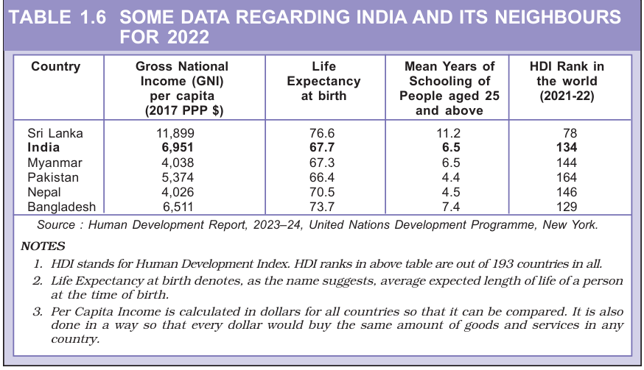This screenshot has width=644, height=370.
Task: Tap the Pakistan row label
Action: [54, 177]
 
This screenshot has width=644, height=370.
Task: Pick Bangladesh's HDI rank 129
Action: [567, 207]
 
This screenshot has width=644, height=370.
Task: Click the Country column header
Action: [55, 67]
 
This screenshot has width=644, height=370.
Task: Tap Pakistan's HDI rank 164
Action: [567, 177]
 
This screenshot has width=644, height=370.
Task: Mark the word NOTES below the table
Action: [43, 246]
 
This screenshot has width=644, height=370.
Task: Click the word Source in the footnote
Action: [56, 226]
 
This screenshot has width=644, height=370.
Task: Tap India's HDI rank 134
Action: [567, 148]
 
